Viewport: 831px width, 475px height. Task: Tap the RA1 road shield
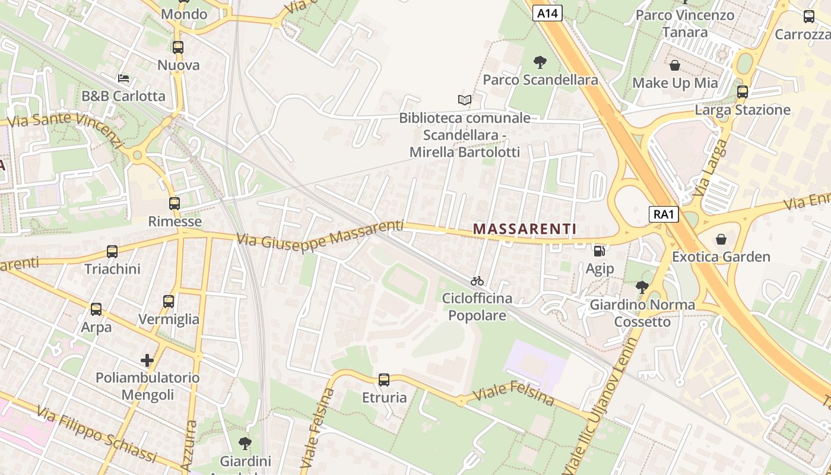[663, 214]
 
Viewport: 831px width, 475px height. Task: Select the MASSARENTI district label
[525, 229]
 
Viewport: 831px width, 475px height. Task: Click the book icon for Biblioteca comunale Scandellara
[465, 100]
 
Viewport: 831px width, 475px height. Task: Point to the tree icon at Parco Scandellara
[540, 62]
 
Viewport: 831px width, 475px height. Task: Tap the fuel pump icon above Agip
[600, 251]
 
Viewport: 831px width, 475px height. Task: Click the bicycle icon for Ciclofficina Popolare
[477, 281]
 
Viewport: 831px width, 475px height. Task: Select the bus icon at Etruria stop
[384, 379]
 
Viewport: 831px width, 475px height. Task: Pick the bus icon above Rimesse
[174, 204]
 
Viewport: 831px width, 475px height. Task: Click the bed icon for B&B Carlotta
[123, 78]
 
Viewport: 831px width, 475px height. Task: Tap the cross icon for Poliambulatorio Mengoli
[147, 360]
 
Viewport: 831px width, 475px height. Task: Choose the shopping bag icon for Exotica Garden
[721, 239]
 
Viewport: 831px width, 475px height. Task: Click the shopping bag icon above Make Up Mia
[675, 65]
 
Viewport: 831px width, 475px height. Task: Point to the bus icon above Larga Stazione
[742, 92]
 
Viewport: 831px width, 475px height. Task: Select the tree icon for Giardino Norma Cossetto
[642, 287]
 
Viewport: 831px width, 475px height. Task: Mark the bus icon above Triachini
[112, 252]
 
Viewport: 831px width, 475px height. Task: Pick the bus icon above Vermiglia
[169, 302]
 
